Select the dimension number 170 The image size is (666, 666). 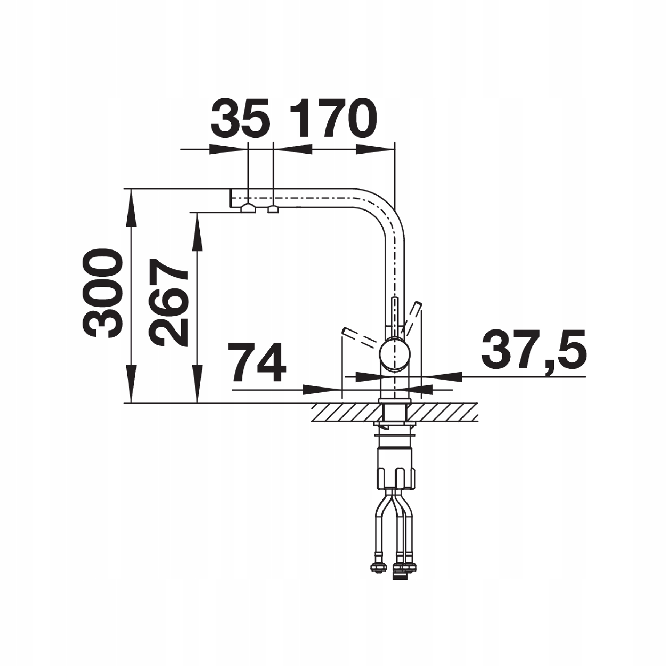333,118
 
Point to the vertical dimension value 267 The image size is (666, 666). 168,303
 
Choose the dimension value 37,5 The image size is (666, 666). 533,349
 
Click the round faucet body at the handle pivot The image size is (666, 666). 395,354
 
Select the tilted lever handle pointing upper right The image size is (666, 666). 412,317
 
